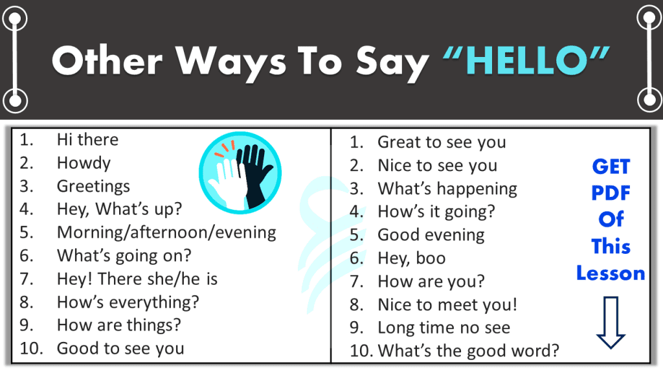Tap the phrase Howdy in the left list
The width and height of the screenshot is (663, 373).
pos(84,163)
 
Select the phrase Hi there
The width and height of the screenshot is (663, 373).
pos(87,140)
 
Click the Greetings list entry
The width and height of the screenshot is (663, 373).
pos(93,186)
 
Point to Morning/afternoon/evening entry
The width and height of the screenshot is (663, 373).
pos(166,232)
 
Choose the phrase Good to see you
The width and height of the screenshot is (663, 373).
pos(120,348)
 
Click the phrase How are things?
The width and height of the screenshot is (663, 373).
pos(118,325)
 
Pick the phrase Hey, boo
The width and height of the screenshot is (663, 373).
pos(411,258)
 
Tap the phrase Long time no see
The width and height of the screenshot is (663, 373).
pos(444,328)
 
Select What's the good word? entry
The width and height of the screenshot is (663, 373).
pos(468,351)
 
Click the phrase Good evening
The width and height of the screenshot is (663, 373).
pos(431,235)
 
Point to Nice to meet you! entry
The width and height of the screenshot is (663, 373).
pos(447,305)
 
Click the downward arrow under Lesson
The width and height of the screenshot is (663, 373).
pos(611,323)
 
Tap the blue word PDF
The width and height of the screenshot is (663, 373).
pos(611,193)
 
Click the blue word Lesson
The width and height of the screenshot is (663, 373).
pos(611,273)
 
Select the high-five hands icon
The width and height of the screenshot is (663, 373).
pos(240,173)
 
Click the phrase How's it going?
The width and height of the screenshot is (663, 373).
pos(436,212)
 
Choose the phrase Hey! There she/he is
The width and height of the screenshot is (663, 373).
pos(137,279)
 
